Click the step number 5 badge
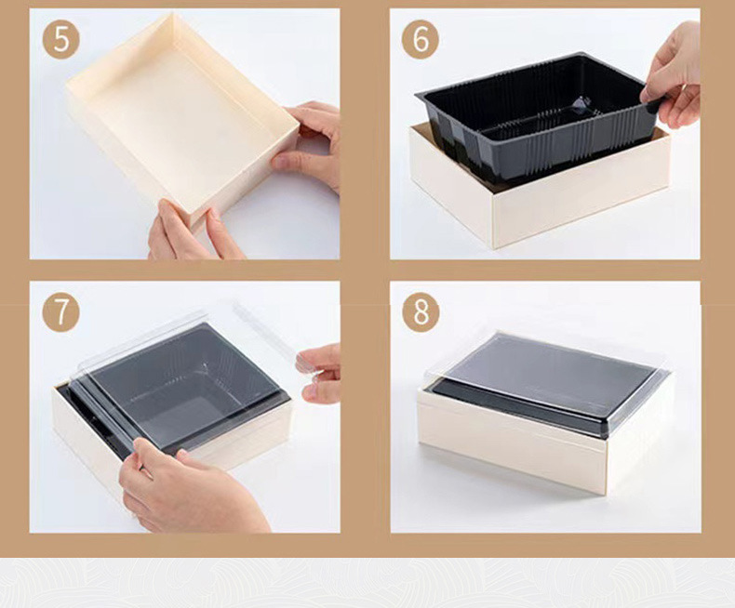(60, 40)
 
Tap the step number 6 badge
(421, 40)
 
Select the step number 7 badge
(60, 313)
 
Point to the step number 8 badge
(421, 313)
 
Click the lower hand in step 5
(193, 231)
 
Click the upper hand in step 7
(319, 373)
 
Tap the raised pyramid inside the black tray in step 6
(581, 105)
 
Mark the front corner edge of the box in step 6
(492, 220)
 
